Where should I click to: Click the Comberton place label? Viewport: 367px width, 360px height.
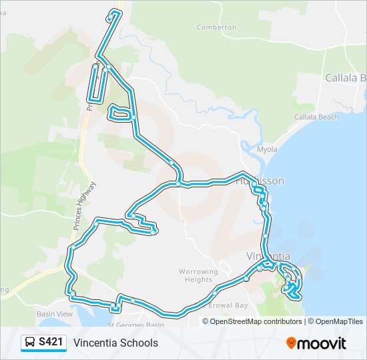tap(216, 27)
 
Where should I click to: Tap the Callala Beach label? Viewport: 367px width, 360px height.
tap(316, 117)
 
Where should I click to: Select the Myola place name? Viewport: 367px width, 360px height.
tap(267, 149)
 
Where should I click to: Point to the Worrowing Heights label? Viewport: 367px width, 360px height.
tap(198, 275)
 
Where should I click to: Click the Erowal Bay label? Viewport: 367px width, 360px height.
tap(228, 305)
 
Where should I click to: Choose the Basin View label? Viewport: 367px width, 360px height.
tap(55, 313)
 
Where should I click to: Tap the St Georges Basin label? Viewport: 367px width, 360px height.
tap(136, 325)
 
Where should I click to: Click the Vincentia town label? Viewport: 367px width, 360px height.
tap(268, 256)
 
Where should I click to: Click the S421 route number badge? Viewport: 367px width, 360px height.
tap(51, 343)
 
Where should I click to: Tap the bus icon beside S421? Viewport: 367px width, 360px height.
tap(31, 343)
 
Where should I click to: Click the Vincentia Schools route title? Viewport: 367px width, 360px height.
tap(116, 343)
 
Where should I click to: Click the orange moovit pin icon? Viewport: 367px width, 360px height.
tap(292, 343)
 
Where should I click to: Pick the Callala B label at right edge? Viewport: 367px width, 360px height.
tap(345, 77)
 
